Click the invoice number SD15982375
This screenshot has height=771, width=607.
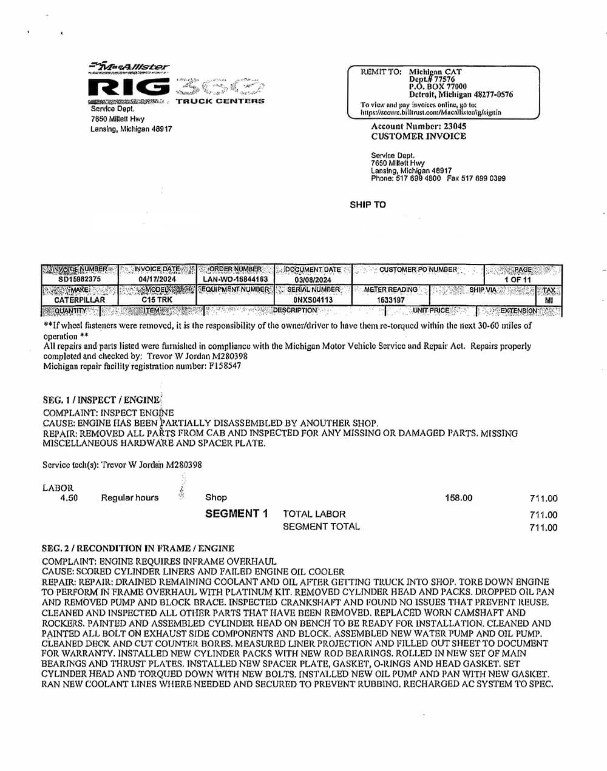point(80,279)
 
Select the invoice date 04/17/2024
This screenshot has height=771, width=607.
point(157,279)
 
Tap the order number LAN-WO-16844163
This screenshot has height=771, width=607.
point(236,279)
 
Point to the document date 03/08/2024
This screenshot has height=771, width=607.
point(313,280)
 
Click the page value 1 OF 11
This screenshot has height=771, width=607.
point(518,280)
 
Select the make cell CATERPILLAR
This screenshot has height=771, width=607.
point(80,300)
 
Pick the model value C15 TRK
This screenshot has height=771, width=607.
point(157,300)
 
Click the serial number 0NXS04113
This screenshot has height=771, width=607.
point(313,300)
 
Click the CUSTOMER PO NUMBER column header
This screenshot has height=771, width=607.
point(418,269)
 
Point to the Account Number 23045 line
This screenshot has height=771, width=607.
point(419,126)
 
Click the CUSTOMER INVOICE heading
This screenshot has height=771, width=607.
point(419,136)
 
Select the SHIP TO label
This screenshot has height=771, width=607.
point(368,204)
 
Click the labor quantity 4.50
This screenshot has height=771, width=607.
point(69,498)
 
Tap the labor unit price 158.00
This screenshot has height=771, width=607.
point(458,498)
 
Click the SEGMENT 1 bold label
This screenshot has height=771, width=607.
point(236,514)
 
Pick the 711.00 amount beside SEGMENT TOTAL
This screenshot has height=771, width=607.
point(543,527)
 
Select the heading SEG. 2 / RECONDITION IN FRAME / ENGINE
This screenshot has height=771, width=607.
point(138,548)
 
